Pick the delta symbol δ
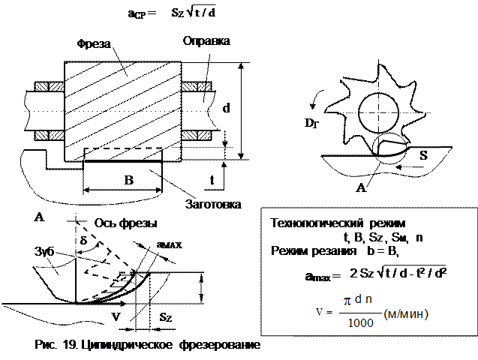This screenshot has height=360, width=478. (84, 239)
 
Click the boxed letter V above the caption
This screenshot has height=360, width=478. (116, 316)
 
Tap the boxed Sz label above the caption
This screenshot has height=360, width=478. (167, 317)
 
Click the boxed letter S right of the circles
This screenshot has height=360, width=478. (424, 156)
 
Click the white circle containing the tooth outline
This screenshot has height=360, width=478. (391, 149)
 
